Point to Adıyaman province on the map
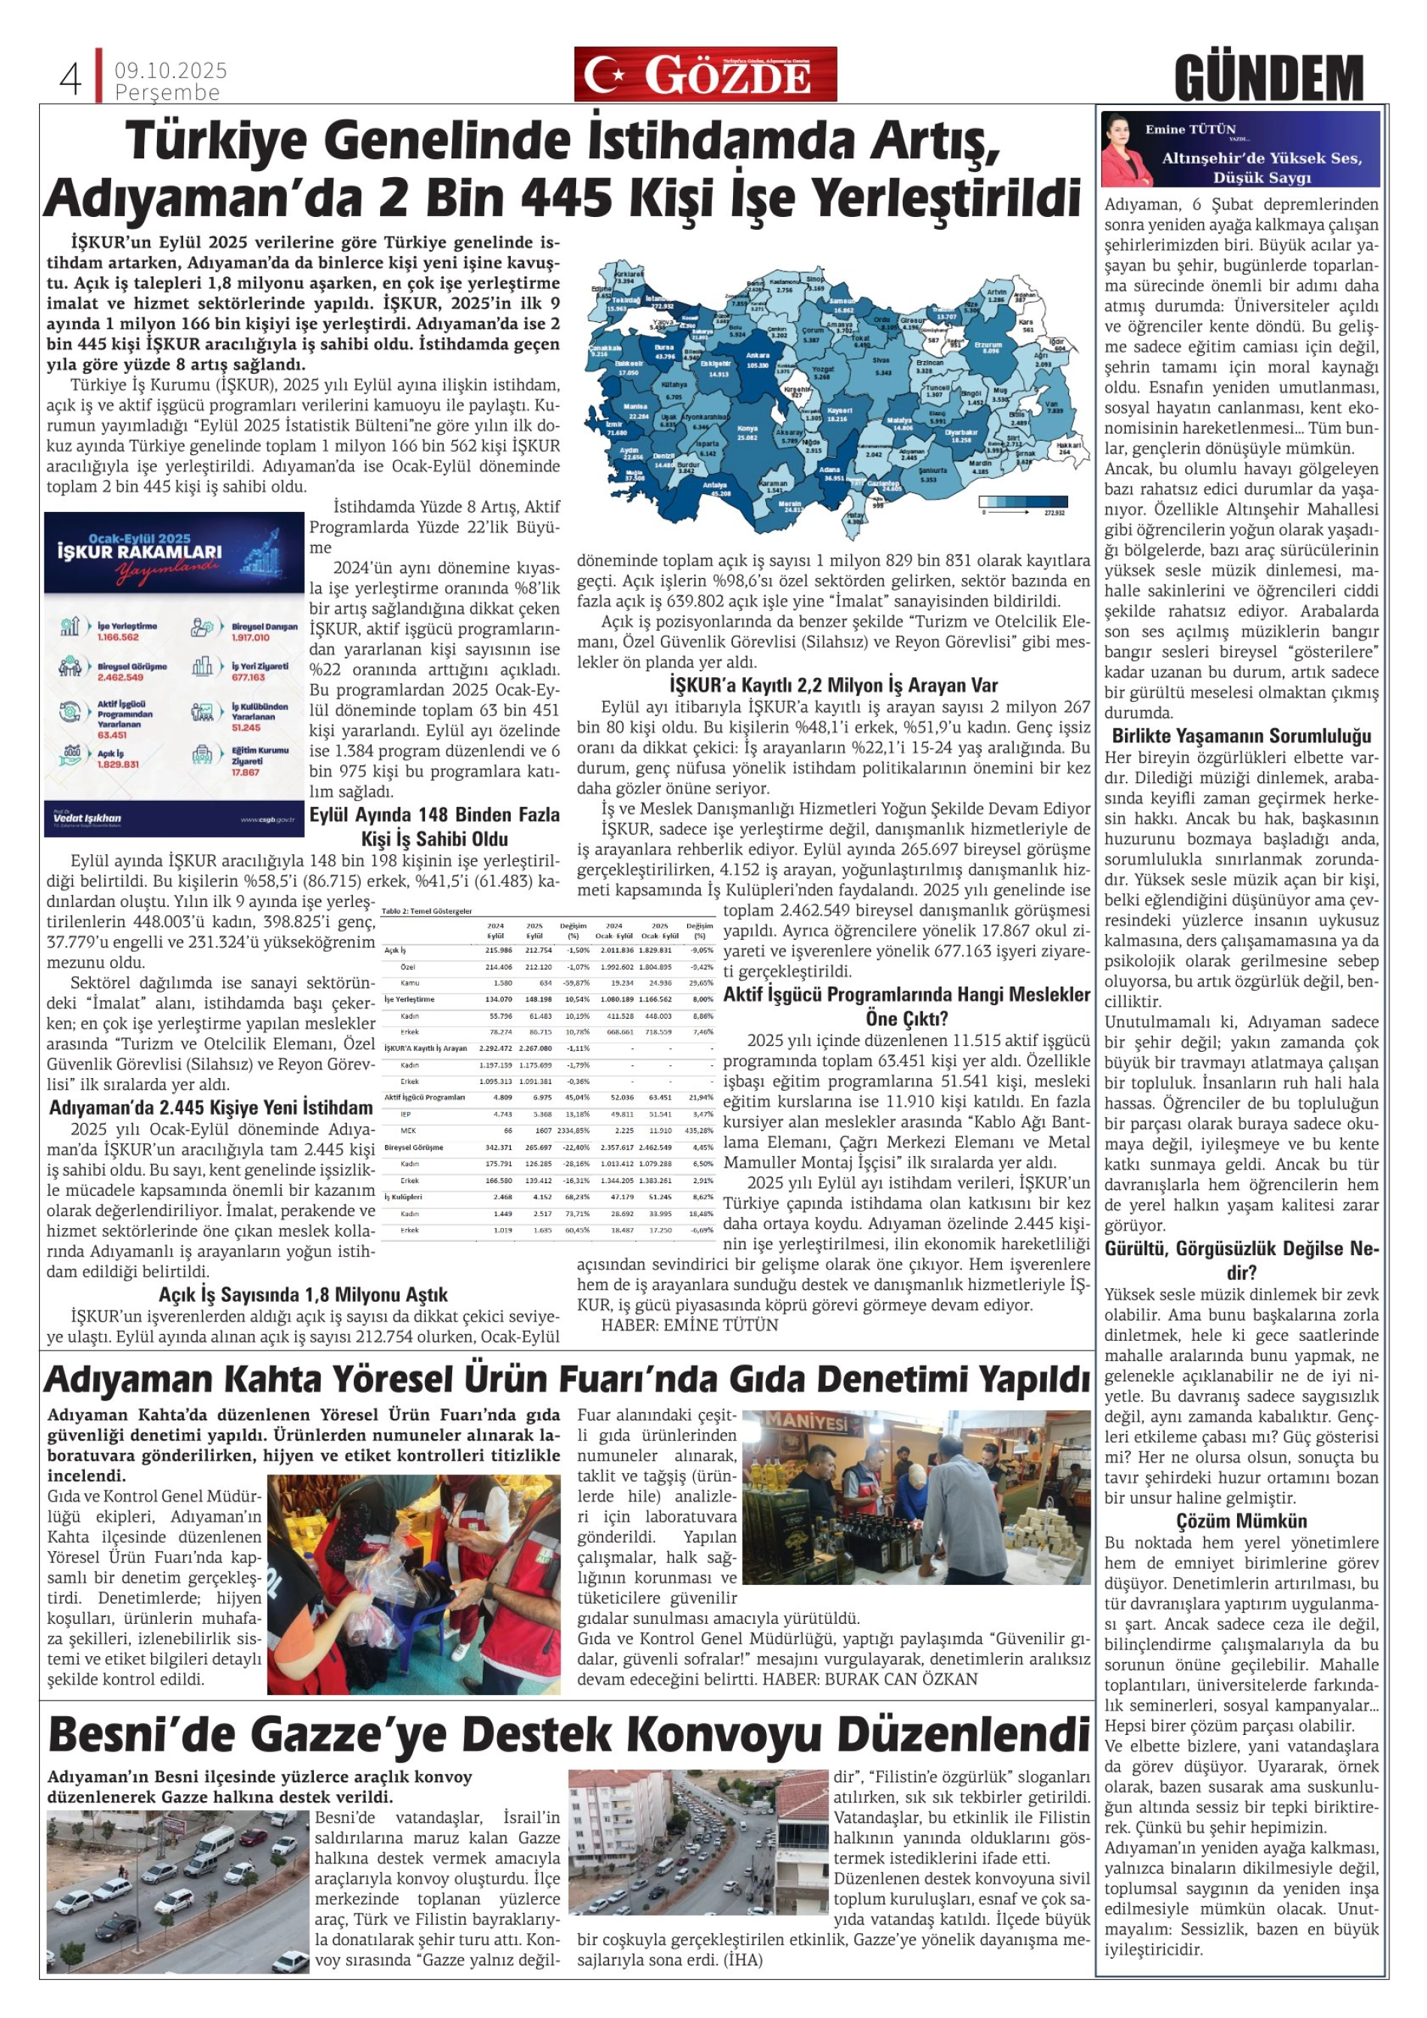click(913, 454)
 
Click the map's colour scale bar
click(1022, 501)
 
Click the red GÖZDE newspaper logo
click(705, 75)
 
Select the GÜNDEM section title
click(1268, 78)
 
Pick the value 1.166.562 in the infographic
click(118, 637)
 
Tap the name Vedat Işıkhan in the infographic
click(86, 818)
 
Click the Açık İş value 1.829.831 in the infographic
click(117, 764)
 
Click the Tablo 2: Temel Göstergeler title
click(427, 911)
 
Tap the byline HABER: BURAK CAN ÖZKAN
click(870, 1679)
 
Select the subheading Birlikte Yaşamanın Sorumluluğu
click(1241, 736)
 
